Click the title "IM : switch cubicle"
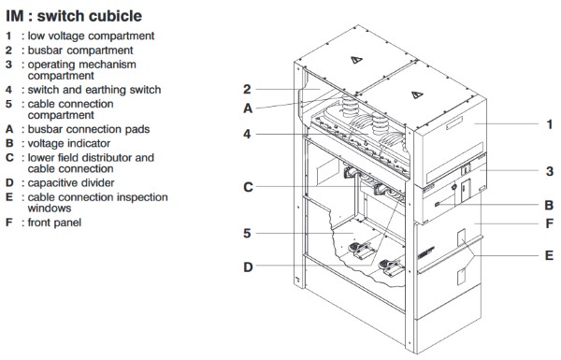click(74, 16)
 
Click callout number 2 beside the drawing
click(247, 89)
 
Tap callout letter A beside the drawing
click(248, 108)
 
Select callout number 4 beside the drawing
click(247, 135)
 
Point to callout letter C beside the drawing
click(248, 187)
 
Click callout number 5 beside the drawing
click(247, 234)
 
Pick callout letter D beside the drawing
click(248, 266)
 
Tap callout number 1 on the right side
click(550, 124)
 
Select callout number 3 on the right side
click(550, 171)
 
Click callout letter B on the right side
click(549, 206)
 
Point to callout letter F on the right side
click(550, 223)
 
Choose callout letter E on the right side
click(549, 255)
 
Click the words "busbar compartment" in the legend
click(80, 50)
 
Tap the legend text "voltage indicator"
click(69, 143)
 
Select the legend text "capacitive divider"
click(71, 183)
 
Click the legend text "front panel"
click(54, 223)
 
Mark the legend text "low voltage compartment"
click(91, 36)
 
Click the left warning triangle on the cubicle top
click(356, 60)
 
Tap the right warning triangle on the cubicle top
click(417, 94)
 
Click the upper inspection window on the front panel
click(462, 238)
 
